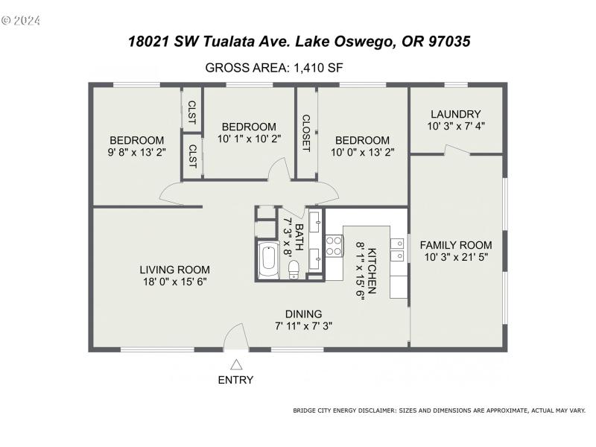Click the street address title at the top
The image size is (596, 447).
click(x=299, y=42)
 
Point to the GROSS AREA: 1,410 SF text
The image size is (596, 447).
click(x=273, y=69)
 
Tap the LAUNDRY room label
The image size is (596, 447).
click(x=455, y=114)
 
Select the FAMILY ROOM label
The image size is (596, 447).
click(x=455, y=245)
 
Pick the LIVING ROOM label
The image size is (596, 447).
click(x=174, y=270)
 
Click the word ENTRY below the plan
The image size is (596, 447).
click(x=235, y=380)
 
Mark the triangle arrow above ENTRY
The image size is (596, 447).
click(x=236, y=364)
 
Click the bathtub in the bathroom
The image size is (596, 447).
click(x=268, y=260)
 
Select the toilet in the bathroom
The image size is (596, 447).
click(x=294, y=270)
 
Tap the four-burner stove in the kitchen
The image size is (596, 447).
click(x=333, y=247)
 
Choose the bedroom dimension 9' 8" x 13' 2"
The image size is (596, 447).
click(x=137, y=152)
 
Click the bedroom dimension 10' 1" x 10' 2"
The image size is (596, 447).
click(x=249, y=139)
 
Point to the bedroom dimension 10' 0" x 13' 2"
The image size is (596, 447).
click(x=362, y=152)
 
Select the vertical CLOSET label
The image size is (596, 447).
click(x=305, y=133)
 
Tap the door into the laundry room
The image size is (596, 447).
click(x=456, y=150)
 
